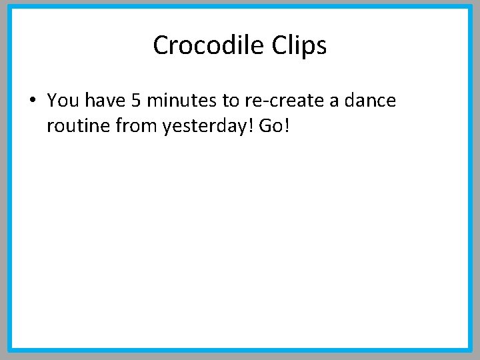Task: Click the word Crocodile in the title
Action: coord(209,45)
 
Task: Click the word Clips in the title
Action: coord(299,45)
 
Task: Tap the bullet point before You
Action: coord(32,101)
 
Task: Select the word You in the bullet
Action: coord(63,101)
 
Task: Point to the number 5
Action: coord(136,101)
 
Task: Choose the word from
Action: coord(136,125)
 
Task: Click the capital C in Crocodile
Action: coord(161,45)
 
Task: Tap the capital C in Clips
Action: coord(279,45)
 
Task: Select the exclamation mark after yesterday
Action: coord(249,125)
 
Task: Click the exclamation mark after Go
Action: coord(287,125)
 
